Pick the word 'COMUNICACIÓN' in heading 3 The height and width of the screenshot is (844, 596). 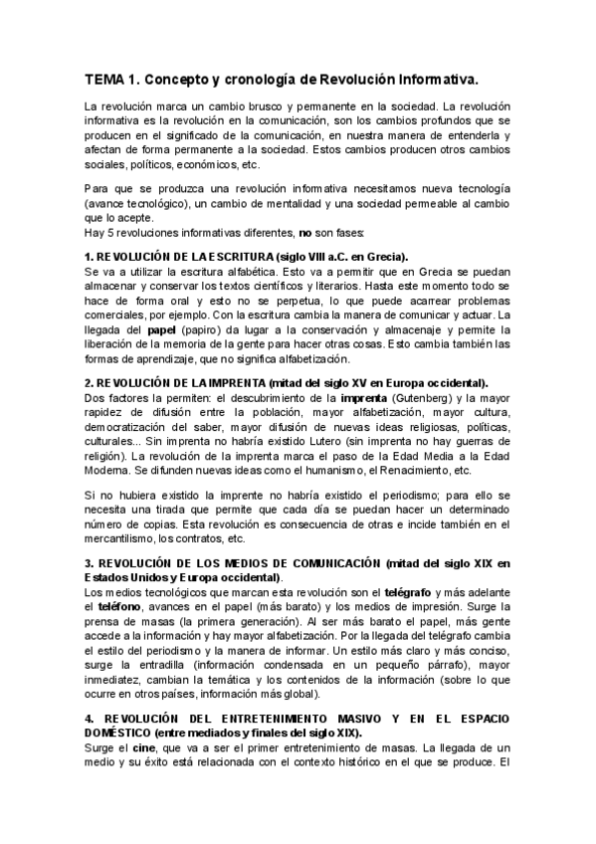click(x=328, y=563)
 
